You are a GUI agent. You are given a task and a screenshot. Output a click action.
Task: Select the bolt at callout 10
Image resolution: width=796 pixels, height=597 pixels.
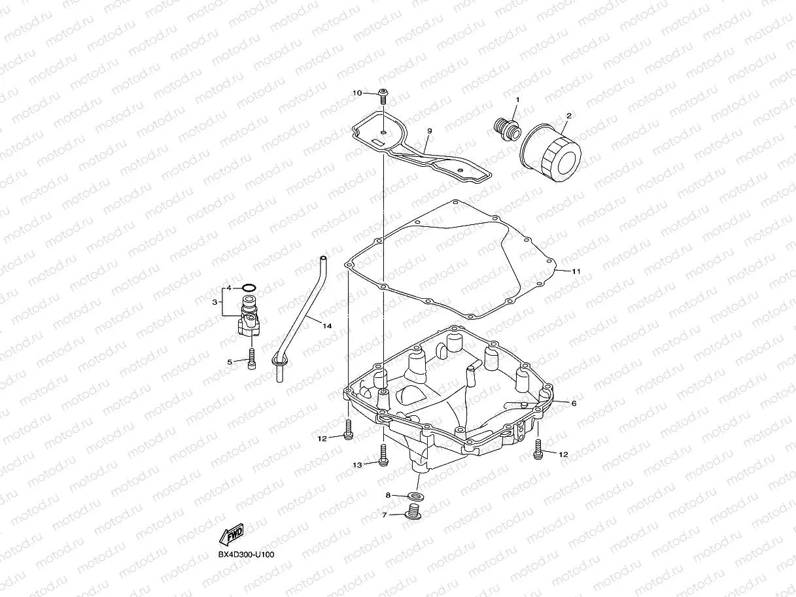point(383,96)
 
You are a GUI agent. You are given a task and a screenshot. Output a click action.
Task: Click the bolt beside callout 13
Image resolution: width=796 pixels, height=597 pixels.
point(383,455)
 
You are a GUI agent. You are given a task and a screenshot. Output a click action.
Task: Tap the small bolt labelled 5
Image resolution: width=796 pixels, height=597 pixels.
point(251,360)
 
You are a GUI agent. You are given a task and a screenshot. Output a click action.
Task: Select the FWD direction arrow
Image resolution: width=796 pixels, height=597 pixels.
point(234,534)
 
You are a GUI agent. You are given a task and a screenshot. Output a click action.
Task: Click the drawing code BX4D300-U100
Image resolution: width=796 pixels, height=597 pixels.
point(246,555)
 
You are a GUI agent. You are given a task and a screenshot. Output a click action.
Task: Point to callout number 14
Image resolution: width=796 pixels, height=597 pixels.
point(326,324)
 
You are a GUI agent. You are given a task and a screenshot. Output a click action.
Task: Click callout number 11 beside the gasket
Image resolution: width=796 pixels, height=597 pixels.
point(576,270)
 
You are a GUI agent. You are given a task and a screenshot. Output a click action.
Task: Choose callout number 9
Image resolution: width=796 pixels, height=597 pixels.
point(429,131)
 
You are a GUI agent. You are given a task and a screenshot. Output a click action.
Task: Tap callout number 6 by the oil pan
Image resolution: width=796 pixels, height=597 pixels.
point(574,403)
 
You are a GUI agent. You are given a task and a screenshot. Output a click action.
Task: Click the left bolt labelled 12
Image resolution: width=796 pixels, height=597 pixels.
point(348,432)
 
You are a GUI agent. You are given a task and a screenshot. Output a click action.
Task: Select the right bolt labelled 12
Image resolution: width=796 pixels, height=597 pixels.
point(539,449)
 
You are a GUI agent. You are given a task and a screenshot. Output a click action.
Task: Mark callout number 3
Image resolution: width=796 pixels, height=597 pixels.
point(215,302)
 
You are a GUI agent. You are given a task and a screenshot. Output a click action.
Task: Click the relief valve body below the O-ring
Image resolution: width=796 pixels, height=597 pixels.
point(250,317)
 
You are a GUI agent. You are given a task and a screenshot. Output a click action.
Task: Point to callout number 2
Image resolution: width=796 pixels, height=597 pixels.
point(568,116)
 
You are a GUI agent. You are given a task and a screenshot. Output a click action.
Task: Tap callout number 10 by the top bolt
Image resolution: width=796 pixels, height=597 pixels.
point(357,93)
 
